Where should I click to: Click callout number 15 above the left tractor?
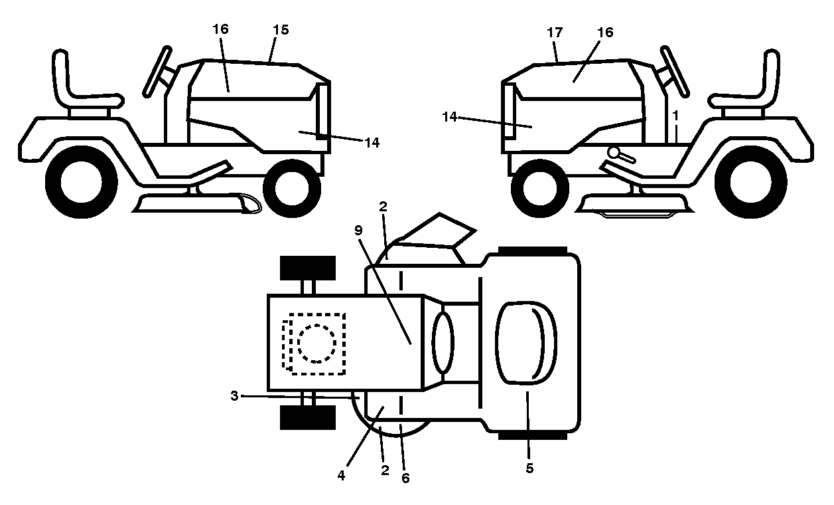(281, 30)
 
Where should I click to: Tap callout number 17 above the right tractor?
(555, 33)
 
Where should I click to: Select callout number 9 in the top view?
(358, 231)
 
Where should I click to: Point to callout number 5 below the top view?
(529, 468)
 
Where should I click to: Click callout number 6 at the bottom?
(405, 478)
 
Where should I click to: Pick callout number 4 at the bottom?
(341, 476)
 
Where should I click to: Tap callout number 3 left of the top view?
(234, 396)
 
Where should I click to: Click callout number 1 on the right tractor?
(675, 116)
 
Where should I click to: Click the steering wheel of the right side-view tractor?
(675, 72)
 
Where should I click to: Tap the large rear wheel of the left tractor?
(82, 182)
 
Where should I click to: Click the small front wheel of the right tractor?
(540, 188)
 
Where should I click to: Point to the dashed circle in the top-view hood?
(317, 343)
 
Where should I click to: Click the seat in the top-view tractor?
(525, 343)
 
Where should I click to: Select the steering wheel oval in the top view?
(443, 343)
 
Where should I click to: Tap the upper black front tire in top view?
(308, 268)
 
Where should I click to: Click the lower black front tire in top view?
(308, 417)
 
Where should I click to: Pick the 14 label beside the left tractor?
(372, 142)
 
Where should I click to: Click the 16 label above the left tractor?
(220, 29)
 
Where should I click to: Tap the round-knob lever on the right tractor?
(620, 155)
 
